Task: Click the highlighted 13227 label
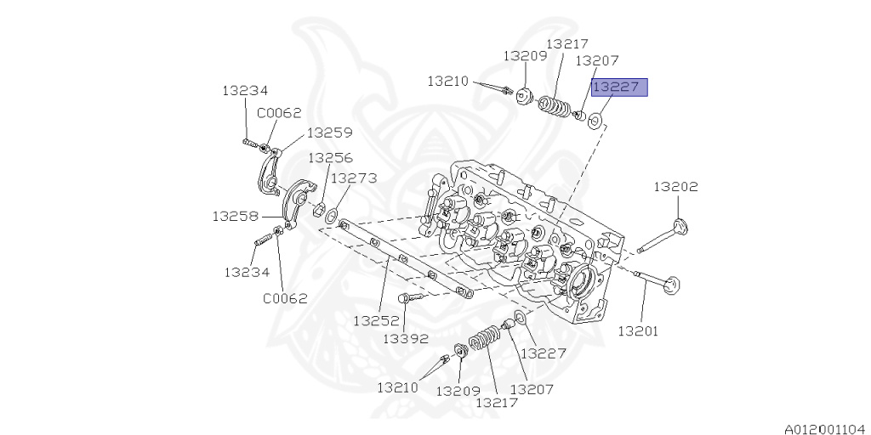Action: (620, 88)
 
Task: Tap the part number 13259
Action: (330, 133)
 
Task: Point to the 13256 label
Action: (330, 158)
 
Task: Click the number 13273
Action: (354, 178)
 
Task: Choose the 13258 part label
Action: (235, 216)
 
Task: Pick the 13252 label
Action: (376, 321)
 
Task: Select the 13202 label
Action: (675, 186)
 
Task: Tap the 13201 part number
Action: (638, 330)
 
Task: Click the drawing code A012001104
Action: (823, 428)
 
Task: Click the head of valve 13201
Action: (674, 285)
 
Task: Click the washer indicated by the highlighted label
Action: (598, 121)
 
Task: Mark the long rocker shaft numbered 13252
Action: (400, 259)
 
